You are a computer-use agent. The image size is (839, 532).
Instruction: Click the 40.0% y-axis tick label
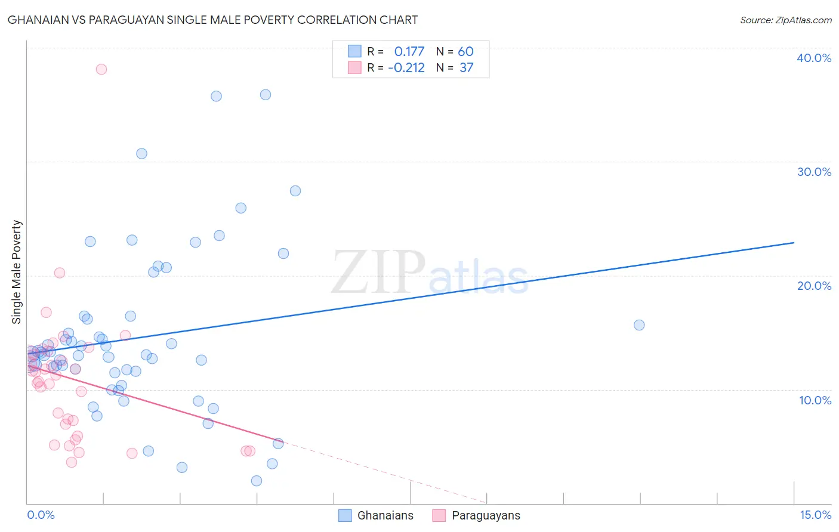point(814,58)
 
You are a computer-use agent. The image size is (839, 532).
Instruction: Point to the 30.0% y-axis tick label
point(814,172)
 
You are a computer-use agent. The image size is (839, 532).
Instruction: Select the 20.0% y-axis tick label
point(814,286)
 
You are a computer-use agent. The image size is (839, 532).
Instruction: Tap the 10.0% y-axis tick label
point(815,400)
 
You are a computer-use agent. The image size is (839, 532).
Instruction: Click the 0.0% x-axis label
point(41,515)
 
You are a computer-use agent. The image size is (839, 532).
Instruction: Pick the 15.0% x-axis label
point(815,515)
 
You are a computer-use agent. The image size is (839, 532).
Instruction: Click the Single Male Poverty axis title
point(17,272)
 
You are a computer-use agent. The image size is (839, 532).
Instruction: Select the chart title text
point(212,20)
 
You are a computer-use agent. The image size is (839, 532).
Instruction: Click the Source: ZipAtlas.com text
point(785,20)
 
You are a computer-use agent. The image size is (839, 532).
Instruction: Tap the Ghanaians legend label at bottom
point(385,516)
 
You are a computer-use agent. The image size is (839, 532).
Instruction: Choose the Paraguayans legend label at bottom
point(486,516)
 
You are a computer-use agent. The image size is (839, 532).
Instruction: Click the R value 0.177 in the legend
point(409,52)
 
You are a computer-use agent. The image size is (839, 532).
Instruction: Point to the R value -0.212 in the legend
point(406,68)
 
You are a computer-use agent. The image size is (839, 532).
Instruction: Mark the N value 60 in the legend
point(465,52)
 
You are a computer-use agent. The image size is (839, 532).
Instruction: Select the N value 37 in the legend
point(466,68)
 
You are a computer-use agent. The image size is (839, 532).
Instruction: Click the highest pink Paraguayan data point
point(101,69)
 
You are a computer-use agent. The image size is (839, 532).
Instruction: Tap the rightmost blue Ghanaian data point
point(639,325)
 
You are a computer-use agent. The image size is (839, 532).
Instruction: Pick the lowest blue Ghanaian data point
point(257,481)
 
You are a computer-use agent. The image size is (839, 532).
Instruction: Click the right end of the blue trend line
point(794,243)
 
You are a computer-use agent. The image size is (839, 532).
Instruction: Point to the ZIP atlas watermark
point(430,273)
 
